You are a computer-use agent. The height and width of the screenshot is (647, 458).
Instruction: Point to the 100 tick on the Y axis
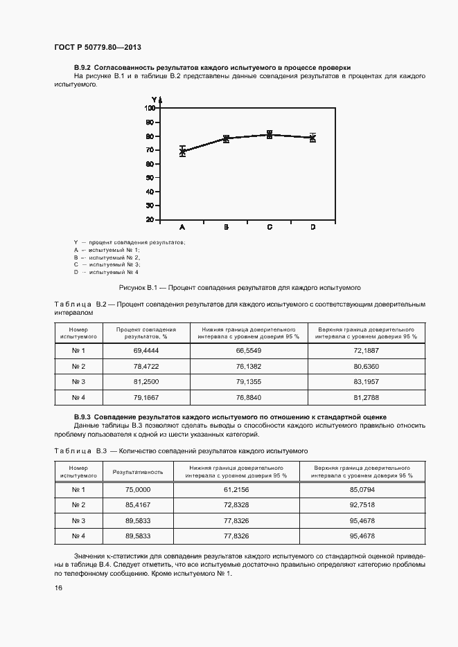click(x=149, y=108)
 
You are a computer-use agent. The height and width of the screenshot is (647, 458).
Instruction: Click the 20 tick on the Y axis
click(x=150, y=220)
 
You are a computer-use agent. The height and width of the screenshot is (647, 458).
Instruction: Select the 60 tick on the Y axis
click(x=150, y=164)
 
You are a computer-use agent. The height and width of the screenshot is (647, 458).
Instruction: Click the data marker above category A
click(x=182, y=151)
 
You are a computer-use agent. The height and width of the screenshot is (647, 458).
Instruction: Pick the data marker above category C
click(x=270, y=135)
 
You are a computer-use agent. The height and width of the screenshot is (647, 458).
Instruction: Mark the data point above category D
click(x=312, y=138)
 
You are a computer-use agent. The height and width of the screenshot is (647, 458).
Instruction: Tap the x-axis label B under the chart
click(x=226, y=227)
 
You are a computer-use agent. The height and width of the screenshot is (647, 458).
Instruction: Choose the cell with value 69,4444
click(x=146, y=352)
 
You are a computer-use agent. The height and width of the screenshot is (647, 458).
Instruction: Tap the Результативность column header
click(x=143, y=472)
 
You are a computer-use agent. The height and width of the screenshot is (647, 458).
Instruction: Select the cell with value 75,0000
click(x=138, y=490)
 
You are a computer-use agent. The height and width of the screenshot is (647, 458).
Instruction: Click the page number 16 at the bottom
click(x=58, y=587)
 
